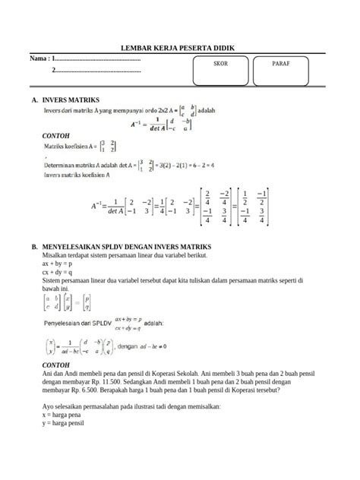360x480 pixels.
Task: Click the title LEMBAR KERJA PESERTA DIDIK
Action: click(178, 48)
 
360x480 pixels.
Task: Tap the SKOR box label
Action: click(220, 64)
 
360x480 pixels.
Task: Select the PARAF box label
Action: click(281, 64)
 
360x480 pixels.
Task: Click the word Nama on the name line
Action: click(39, 58)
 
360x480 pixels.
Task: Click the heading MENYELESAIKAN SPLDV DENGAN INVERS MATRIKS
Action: click(126, 248)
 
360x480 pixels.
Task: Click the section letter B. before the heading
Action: click(34, 248)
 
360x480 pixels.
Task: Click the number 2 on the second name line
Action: click(53, 71)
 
